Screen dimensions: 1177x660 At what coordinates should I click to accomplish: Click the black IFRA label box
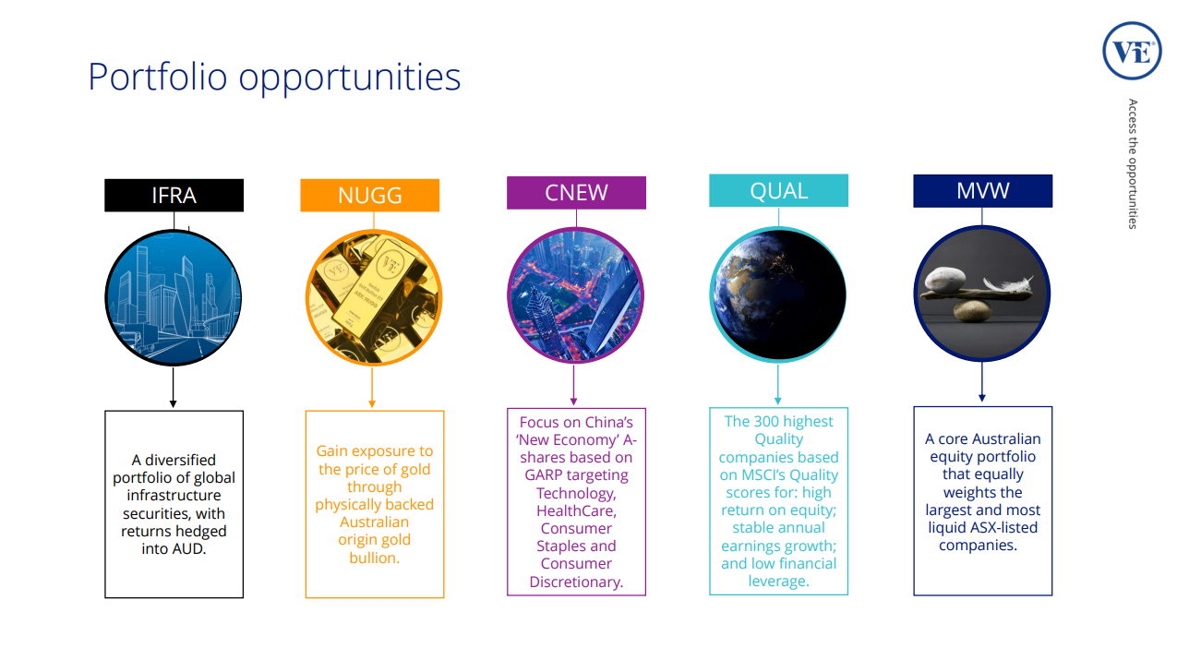[x=174, y=195]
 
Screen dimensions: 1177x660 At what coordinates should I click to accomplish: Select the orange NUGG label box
[x=370, y=195]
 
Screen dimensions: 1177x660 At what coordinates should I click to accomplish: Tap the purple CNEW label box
[x=576, y=193]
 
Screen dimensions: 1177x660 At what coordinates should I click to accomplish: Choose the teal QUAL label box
[x=779, y=190]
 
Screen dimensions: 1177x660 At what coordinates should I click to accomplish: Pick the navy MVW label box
[x=982, y=191]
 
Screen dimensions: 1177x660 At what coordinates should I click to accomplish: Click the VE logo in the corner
[x=1132, y=51]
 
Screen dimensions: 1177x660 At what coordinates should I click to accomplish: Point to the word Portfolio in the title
[x=157, y=78]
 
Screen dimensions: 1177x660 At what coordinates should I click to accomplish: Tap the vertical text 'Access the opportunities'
[x=1133, y=163]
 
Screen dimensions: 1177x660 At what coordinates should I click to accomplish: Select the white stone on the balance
[x=944, y=280]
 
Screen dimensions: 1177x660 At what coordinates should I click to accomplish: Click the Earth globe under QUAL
[x=778, y=294]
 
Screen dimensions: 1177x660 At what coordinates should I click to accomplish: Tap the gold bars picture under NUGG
[x=374, y=297]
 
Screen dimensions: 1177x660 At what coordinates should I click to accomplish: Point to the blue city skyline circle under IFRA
[x=174, y=297]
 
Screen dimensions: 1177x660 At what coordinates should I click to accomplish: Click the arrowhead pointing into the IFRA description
[x=173, y=403]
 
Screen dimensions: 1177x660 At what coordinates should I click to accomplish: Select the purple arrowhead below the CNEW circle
[x=573, y=402]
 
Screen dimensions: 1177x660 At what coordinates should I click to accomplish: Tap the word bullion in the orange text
[x=374, y=558]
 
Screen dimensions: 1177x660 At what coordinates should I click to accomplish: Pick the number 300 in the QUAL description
[x=767, y=422]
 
